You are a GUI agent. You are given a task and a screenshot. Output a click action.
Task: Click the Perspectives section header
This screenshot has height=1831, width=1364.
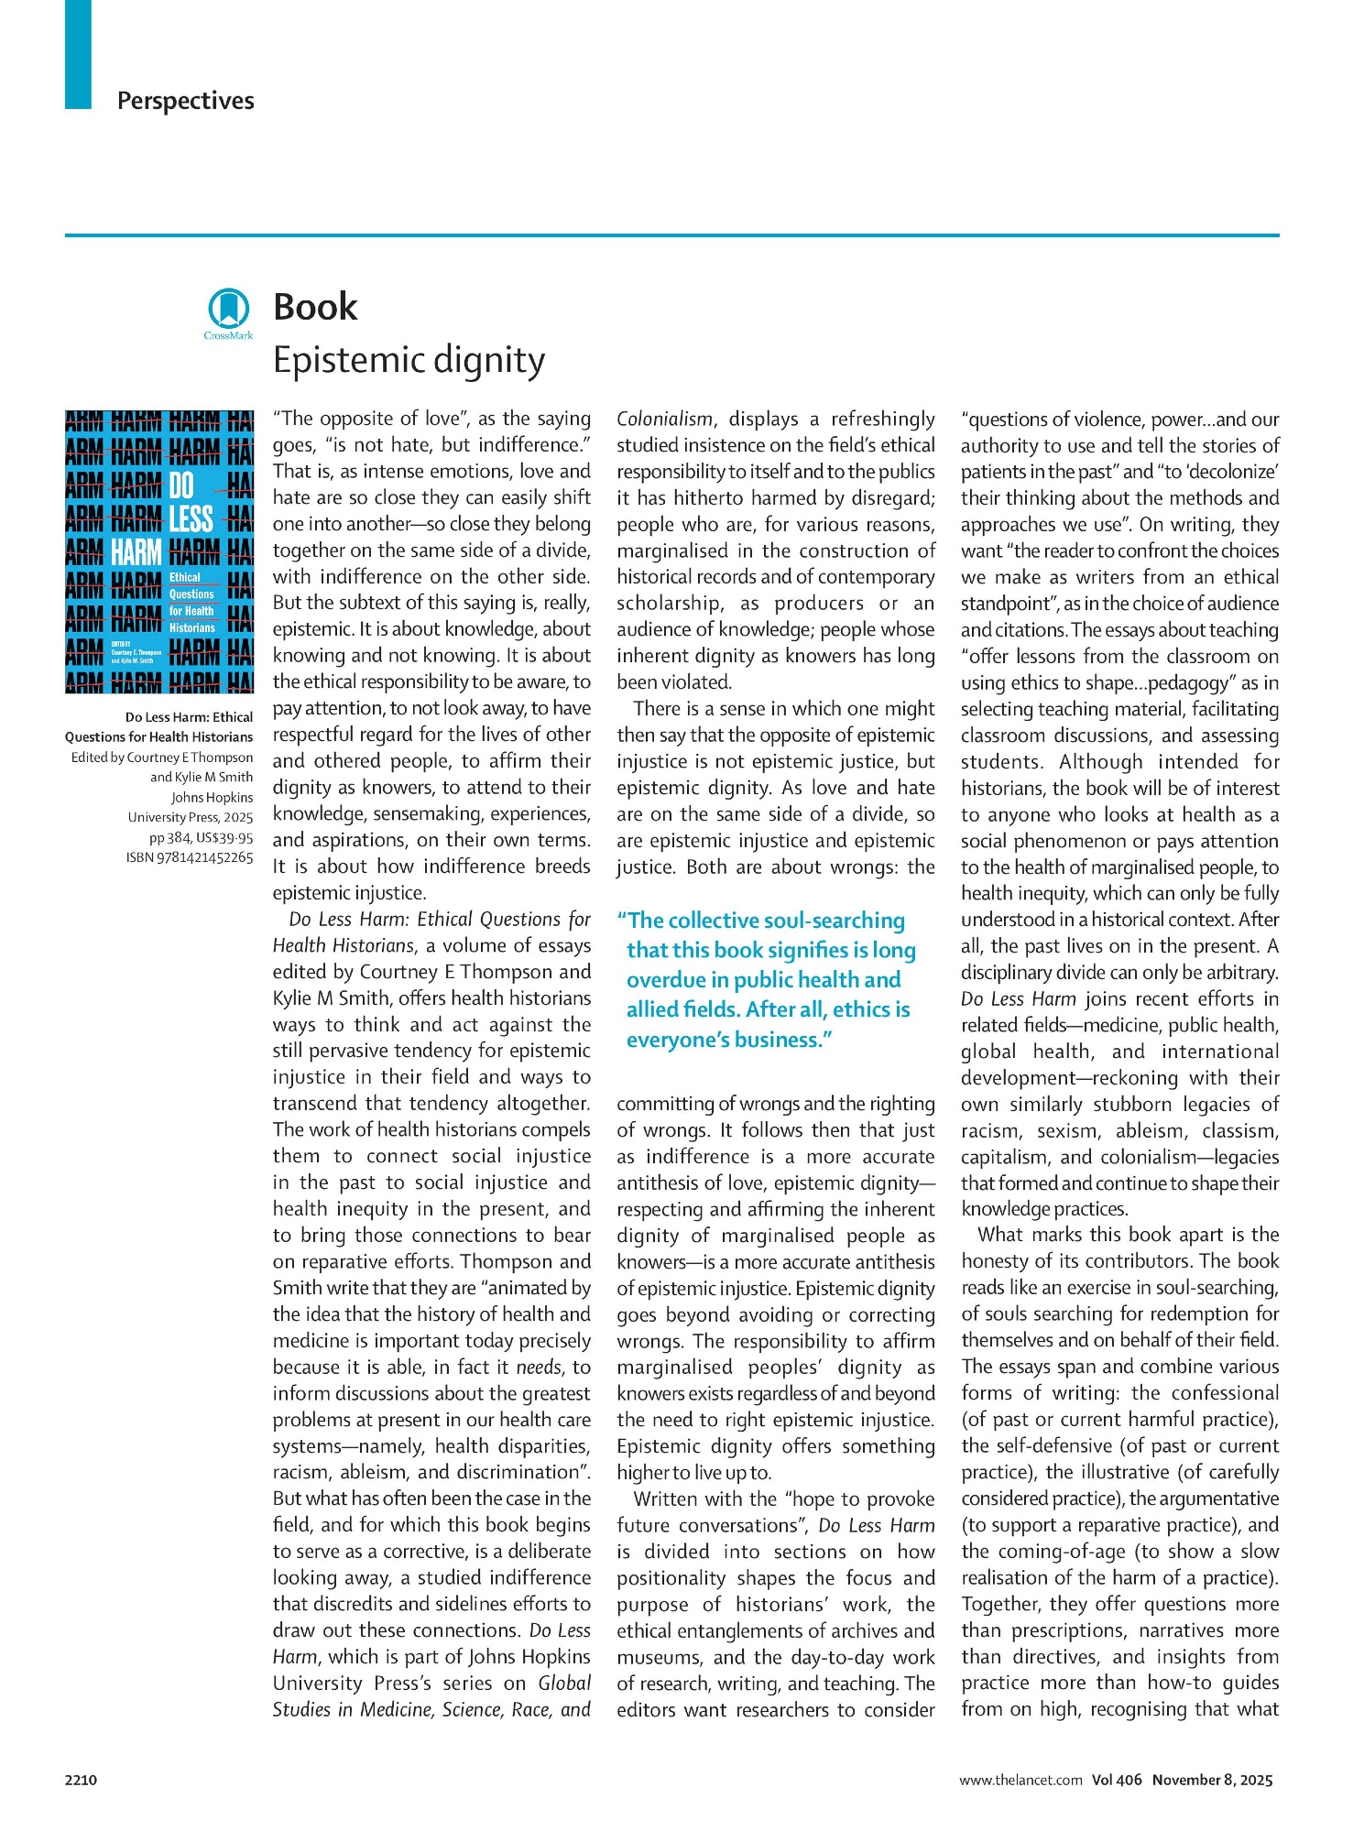[x=185, y=101]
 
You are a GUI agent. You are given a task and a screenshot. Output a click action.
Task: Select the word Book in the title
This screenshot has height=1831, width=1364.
[x=315, y=307]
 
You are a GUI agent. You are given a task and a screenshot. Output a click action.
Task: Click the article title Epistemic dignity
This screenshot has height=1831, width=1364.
[x=409, y=360]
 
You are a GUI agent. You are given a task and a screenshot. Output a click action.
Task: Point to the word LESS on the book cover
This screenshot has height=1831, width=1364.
[x=191, y=519]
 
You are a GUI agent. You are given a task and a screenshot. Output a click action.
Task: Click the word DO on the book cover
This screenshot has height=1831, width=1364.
[x=181, y=485]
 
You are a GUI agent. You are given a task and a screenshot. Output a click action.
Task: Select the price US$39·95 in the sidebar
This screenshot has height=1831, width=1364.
[x=224, y=837]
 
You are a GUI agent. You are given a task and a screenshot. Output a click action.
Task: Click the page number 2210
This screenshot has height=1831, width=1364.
[x=81, y=1780]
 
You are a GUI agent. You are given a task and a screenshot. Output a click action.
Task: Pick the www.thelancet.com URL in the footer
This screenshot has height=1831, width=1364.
[x=1020, y=1780]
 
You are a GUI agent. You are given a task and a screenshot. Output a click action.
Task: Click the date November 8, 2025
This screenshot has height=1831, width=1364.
[x=1212, y=1780]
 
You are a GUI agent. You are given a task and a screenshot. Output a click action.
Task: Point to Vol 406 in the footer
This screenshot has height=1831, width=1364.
[x=1117, y=1780]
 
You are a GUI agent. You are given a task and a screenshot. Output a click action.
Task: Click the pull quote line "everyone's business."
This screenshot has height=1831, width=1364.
[x=729, y=1040]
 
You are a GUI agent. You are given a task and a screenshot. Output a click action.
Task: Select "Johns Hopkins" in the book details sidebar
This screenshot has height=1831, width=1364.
[x=212, y=797]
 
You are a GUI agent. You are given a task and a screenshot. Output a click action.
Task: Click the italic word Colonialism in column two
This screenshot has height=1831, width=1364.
[x=664, y=419]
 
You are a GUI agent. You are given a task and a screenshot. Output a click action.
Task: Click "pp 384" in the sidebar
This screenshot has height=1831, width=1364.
[x=169, y=837]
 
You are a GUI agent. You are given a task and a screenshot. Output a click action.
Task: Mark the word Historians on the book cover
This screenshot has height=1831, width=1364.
[x=192, y=627]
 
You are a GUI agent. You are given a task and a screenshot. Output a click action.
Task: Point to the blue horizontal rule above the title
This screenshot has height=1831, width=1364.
[x=671, y=235]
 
